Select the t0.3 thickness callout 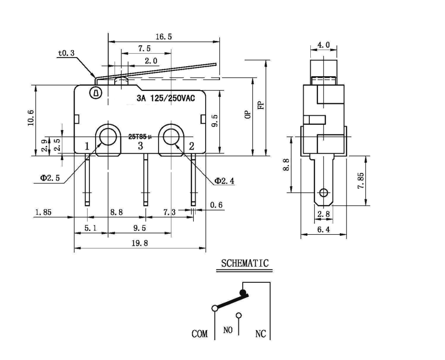click(x=66, y=53)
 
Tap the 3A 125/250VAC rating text click(x=165, y=99)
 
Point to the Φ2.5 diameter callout click(x=50, y=178)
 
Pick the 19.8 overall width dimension click(x=139, y=243)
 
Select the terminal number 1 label click(x=87, y=146)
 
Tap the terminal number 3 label click(x=140, y=146)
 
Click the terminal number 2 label click(x=191, y=146)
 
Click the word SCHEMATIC click(x=245, y=263)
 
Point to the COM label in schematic click(x=199, y=334)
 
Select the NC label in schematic click(x=260, y=334)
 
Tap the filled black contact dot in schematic click(x=243, y=292)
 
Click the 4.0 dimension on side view click(x=323, y=45)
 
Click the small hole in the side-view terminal click(x=324, y=193)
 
